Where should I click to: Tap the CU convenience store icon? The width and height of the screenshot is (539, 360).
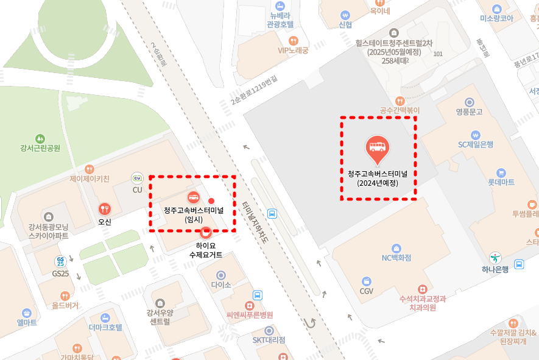pyautogui.click(x=137, y=178)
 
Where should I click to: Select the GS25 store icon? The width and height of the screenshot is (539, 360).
pyautogui.click(x=60, y=262)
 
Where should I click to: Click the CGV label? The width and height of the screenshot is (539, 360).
pyautogui.click(x=366, y=291)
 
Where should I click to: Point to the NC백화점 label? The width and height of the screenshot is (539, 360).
pyautogui.click(x=396, y=258)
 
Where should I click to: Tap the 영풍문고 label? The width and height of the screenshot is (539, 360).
pyautogui.click(x=468, y=112)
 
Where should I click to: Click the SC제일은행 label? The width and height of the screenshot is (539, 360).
pyautogui.click(x=476, y=144)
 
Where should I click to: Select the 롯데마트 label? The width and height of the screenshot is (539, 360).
pyautogui.click(x=501, y=182)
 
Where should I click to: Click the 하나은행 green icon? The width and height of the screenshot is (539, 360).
pyautogui.click(x=496, y=258)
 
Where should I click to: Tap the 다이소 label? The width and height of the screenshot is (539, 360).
pyautogui.click(x=220, y=284)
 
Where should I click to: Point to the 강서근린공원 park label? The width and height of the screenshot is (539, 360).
pyautogui.click(x=40, y=148)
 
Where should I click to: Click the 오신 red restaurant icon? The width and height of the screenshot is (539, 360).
pyautogui.click(x=105, y=209)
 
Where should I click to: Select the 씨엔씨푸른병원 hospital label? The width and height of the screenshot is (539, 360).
pyautogui.click(x=249, y=315)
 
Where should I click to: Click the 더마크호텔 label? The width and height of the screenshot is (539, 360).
pyautogui.click(x=105, y=327)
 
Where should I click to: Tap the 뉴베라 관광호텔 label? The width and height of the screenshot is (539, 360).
pyautogui.click(x=280, y=20)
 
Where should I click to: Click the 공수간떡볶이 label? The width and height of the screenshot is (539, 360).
pyautogui.click(x=400, y=110)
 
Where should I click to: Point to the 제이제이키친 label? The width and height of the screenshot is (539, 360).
pyautogui.click(x=90, y=179)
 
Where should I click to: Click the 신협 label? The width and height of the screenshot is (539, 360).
pyautogui.click(x=345, y=24)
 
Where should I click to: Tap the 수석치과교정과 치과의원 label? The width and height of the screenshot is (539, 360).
pyautogui.click(x=423, y=303)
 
